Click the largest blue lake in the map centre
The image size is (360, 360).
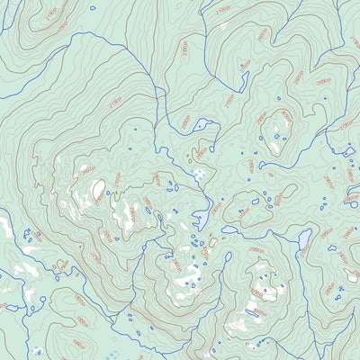pyautogui.click(x=203, y=217)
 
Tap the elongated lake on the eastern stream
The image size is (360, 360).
pyautogui.click(x=304, y=238)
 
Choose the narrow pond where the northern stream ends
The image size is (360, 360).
pyautogui.click(x=244, y=81)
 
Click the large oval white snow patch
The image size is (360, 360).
pyautogui.click(x=97, y=188)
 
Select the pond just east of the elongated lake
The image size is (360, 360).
pyautogui.click(x=332, y=248)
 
